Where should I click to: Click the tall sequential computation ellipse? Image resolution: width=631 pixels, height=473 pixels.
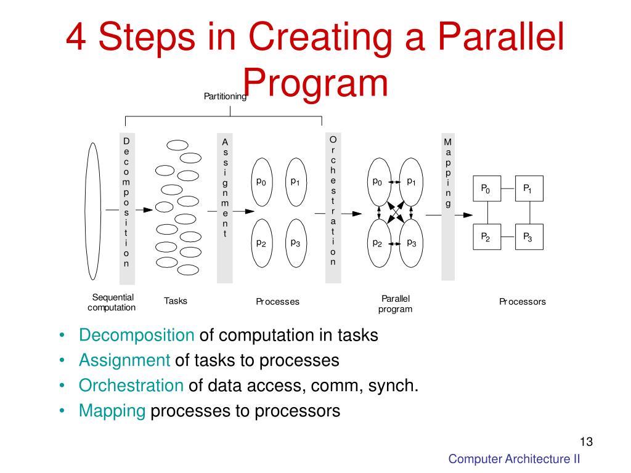coord(93,211)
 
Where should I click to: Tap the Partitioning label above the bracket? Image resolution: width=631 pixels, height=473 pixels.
coord(226,96)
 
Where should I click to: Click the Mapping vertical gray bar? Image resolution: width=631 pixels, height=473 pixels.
coord(448,206)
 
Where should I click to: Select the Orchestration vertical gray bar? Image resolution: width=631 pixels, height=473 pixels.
coord(333,207)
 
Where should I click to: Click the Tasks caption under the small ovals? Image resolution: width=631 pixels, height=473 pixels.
coord(176,301)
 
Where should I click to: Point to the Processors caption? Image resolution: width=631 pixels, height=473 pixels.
coord(523,302)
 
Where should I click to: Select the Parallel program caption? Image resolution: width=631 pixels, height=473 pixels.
coord(395,304)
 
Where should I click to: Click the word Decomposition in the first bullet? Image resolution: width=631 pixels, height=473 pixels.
coord(136,336)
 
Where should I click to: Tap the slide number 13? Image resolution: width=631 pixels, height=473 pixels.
coord(585,442)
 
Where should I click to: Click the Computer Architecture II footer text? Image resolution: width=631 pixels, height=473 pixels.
coord(514,459)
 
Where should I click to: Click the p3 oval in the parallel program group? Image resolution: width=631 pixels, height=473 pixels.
coord(410,244)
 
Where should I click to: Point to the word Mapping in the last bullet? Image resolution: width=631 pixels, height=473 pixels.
coord(112,411)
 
